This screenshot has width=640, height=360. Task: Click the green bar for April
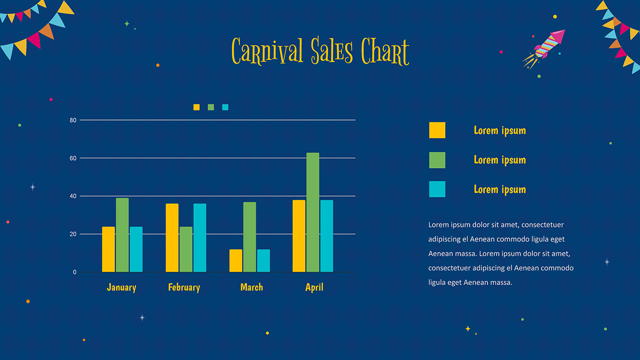312,212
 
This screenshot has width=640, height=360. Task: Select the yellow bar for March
235,260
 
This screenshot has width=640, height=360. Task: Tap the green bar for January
122,235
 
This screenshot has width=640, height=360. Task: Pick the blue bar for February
199,237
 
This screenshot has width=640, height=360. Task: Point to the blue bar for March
263,260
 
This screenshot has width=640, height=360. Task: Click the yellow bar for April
299,236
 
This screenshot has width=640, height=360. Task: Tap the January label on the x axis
121,287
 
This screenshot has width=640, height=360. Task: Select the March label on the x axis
251,287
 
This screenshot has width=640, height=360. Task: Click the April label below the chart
314,287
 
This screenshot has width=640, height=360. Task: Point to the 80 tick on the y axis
73,120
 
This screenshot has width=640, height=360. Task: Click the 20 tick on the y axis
73,234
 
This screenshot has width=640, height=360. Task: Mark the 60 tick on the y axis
73,158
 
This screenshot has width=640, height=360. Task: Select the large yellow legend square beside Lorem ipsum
437,130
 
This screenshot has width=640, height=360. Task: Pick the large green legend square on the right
437,160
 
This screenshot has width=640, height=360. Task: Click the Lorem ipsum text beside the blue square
499,189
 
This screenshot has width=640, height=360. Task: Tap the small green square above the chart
211,107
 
